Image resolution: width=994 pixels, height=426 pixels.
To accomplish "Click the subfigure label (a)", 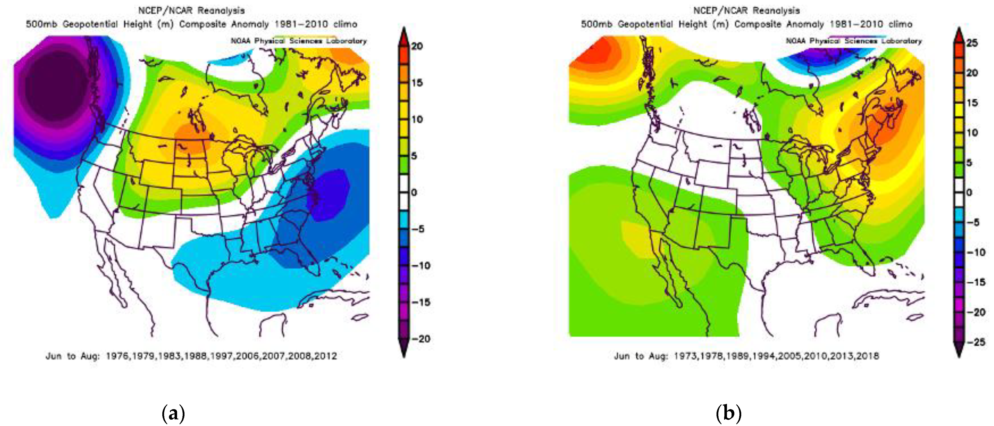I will pyautogui.click(x=173, y=414).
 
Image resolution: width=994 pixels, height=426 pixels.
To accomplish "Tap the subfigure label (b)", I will pyautogui.click(x=728, y=414).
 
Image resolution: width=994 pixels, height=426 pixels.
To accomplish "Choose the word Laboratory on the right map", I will pyautogui.click(x=902, y=41).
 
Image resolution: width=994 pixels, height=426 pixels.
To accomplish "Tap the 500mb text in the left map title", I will pyautogui.click(x=41, y=24).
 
